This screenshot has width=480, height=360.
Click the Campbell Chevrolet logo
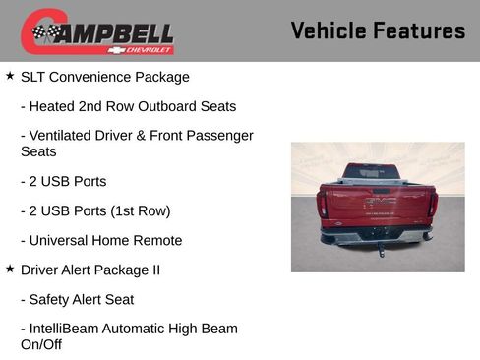pyautogui.click(x=96, y=31)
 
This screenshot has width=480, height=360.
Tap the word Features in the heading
pyautogui.click(x=420, y=30)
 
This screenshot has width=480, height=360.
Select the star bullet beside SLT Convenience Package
pyautogui.click(x=10, y=75)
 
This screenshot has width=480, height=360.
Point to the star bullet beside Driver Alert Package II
pyautogui.click(x=10, y=268)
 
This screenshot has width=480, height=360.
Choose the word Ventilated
pyautogui.click(x=65, y=136)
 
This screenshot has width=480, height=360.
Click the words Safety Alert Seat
pyautogui.click(x=78, y=299)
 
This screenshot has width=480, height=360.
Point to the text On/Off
pyautogui.click(x=41, y=345)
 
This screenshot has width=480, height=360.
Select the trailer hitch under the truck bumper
pyautogui.click(x=381, y=249)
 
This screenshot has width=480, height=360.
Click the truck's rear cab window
pyautogui.click(x=372, y=172)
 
